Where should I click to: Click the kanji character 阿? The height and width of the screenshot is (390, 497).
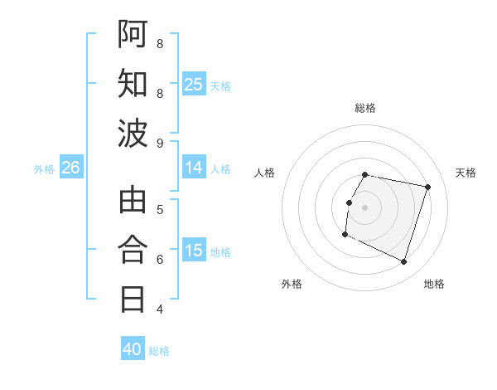coord(133,34)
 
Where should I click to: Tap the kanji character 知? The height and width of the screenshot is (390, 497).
coord(133,83)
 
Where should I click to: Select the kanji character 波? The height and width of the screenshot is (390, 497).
coord(133,133)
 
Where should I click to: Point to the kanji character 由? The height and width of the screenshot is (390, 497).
coord(133,200)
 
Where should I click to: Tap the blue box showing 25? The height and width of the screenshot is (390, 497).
coord(193,85)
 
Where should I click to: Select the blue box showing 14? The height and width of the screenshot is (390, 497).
coord(193,168)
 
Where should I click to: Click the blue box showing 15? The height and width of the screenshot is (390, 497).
coord(193,251)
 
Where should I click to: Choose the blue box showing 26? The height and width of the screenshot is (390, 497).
coord(70,168)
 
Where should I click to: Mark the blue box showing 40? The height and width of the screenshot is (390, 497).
coord(133,349)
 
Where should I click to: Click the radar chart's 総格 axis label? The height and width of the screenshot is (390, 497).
coord(365,108)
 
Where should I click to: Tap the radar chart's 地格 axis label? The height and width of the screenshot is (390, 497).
coord(434,284)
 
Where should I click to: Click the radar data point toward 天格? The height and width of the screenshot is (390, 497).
coord(427,188)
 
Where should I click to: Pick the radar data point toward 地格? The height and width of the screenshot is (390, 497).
coord(403,262)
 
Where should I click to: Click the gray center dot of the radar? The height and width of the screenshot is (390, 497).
coord(364,207)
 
